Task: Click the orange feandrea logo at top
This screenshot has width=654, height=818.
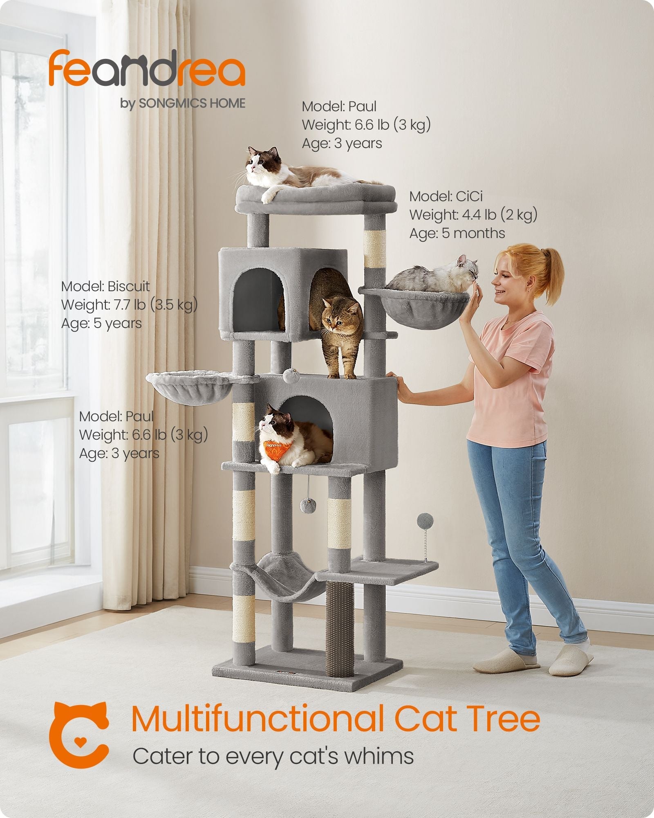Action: click(147, 69)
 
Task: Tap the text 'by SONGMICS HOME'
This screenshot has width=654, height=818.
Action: click(183, 103)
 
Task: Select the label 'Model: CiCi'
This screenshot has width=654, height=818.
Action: click(446, 196)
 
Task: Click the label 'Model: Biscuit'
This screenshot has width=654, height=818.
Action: click(105, 286)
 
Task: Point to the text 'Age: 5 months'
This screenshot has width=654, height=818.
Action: click(457, 233)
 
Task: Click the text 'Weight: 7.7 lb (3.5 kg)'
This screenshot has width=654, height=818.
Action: click(129, 305)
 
